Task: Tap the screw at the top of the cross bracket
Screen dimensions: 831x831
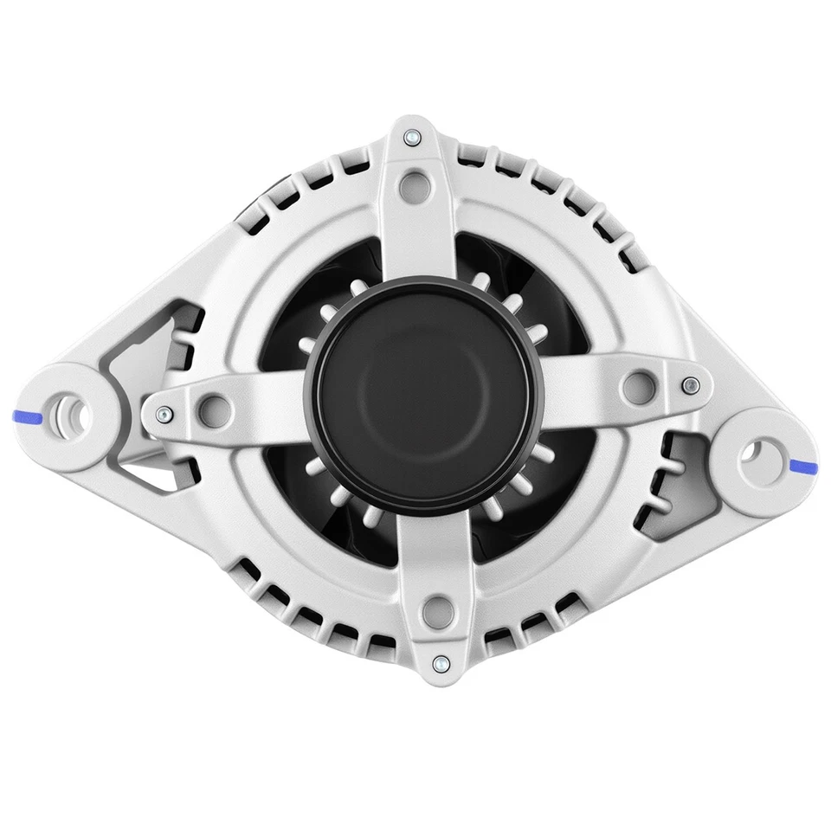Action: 414,136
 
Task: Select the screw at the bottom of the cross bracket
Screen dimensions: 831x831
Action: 439,663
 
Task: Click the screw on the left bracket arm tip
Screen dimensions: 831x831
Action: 161,413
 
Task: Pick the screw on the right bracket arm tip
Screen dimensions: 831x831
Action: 688,384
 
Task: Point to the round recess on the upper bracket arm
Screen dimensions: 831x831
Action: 418,184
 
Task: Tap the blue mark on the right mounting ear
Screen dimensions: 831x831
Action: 804,467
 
